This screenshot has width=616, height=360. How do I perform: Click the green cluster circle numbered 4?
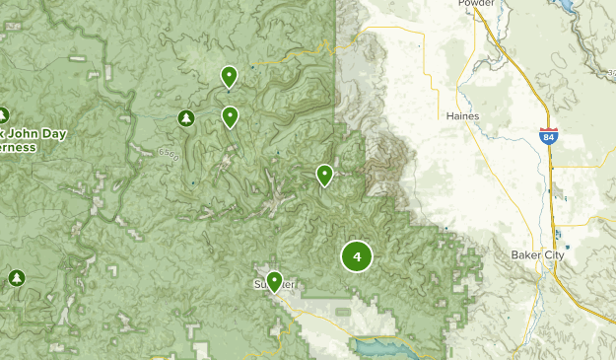357,257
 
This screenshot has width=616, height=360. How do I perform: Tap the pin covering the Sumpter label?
274,281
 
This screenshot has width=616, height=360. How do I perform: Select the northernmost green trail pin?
229,75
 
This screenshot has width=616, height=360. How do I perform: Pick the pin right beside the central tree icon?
230,116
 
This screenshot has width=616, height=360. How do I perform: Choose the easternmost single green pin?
324,175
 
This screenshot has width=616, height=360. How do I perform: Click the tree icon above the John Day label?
3,114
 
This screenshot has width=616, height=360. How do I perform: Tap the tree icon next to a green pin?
185,118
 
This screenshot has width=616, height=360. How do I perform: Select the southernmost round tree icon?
16,278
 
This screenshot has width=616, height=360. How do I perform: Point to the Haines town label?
462,115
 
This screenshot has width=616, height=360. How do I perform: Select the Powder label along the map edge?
476,4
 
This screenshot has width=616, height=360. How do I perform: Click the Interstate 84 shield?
548,136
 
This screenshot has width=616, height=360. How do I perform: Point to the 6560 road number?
169,153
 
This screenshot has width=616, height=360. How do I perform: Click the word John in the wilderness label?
20,134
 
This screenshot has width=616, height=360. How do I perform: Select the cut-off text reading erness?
18,147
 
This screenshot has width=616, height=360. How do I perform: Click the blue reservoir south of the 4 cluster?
380,348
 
